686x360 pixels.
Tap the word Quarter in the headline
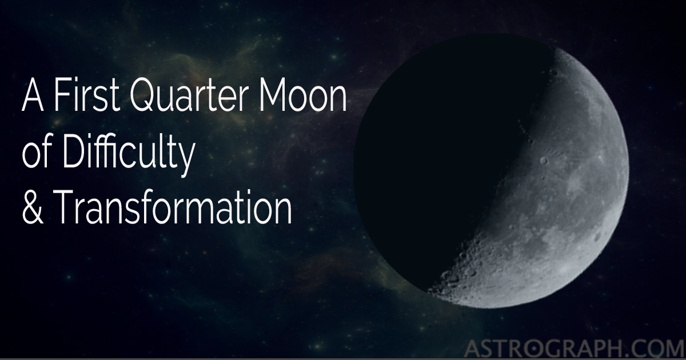(x=193, y=99)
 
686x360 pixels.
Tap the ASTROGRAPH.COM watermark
(x=571, y=346)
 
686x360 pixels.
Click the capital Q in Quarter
(x=142, y=99)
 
